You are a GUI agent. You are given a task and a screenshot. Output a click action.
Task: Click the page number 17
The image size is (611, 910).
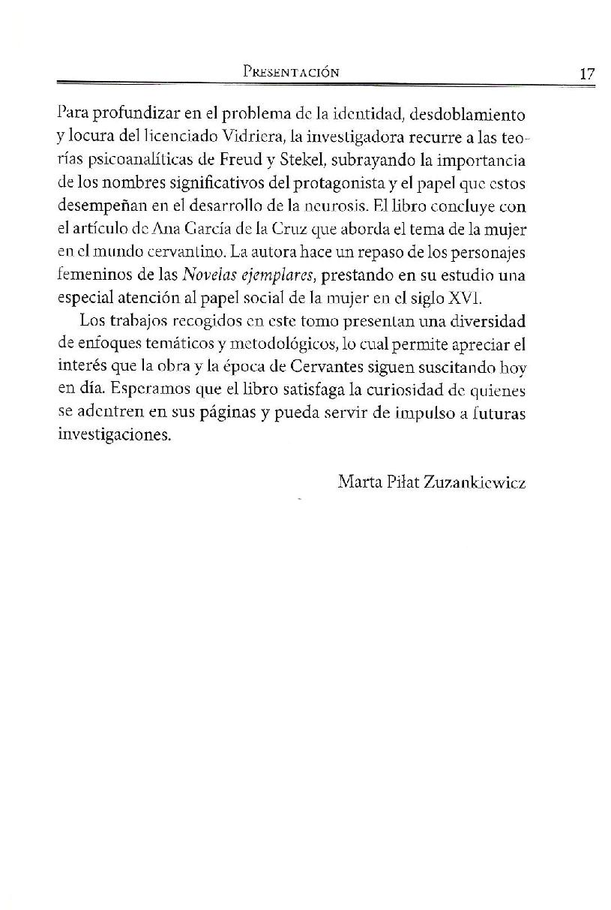point(587,74)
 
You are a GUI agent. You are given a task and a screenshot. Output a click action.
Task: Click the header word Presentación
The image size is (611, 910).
point(292,73)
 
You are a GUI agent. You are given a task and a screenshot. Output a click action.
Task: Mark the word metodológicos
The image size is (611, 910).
point(274,345)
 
